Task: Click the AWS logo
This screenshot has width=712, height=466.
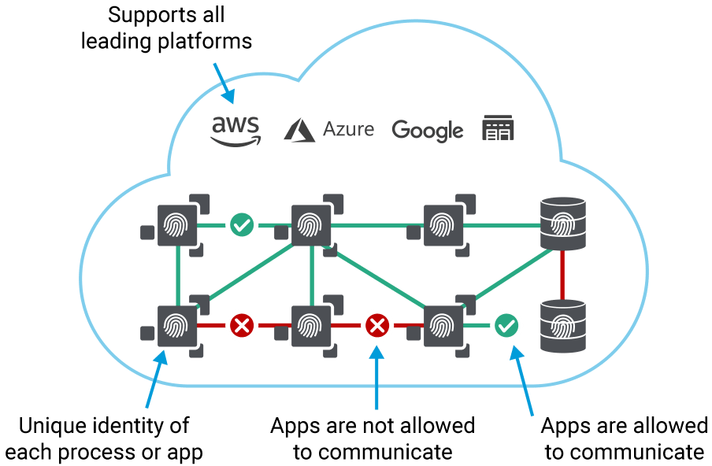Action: (235, 131)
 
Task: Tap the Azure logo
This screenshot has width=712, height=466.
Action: (329, 129)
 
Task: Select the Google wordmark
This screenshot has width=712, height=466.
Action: (427, 131)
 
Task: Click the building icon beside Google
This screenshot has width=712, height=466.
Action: (498, 128)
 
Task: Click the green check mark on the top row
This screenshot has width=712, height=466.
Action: (241, 226)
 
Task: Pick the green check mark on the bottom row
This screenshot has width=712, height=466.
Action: (506, 324)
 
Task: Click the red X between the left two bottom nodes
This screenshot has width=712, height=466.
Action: (241, 324)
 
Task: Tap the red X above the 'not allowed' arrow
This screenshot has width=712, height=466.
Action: (377, 324)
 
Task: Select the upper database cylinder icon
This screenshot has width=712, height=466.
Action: (562, 224)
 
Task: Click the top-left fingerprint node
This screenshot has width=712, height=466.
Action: (177, 226)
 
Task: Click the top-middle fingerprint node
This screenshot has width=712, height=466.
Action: (312, 226)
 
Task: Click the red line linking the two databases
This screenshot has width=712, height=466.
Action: (562, 274)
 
